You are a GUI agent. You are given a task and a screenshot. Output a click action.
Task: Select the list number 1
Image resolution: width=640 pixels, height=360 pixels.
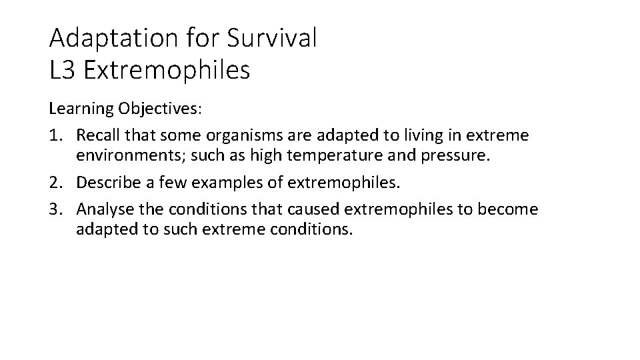55,136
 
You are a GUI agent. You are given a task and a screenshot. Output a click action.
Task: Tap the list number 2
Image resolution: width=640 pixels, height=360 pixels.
55,183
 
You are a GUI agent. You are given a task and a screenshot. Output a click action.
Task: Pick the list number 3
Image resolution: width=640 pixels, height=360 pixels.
55,209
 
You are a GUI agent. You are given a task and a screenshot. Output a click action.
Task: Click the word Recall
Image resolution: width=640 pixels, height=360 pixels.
97,136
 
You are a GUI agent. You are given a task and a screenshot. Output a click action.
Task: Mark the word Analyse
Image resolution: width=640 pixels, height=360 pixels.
101,209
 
